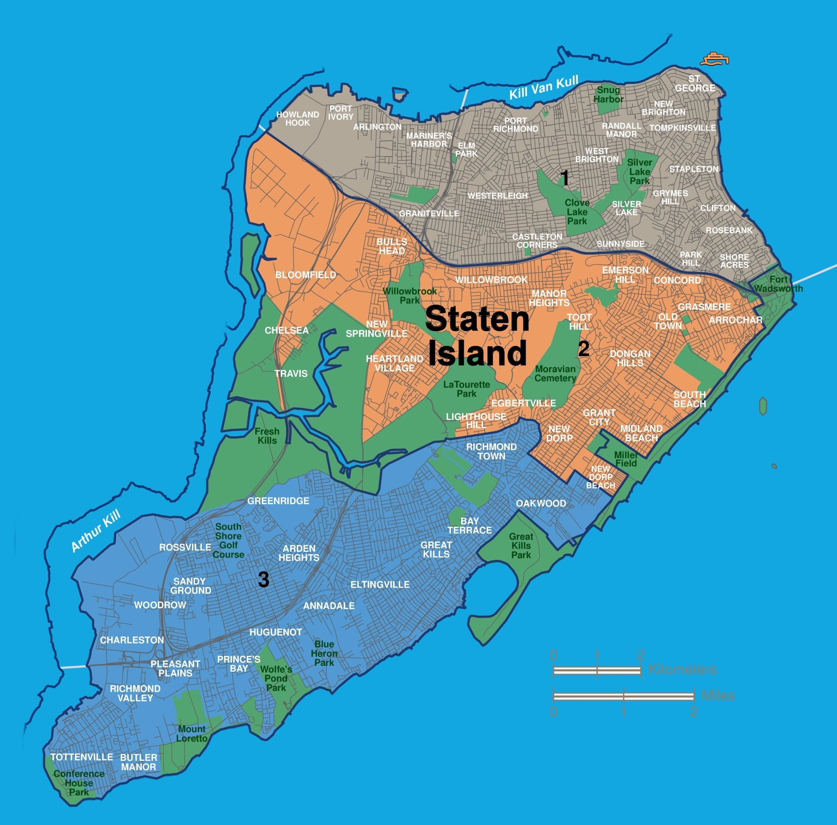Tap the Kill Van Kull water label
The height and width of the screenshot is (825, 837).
544,88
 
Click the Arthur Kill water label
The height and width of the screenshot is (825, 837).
96,531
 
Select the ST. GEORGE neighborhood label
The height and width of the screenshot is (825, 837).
695,84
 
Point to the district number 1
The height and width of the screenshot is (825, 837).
565,178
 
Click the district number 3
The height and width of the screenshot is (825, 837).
264,579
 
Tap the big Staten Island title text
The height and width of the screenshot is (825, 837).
477,336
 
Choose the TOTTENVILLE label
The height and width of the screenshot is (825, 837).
82,757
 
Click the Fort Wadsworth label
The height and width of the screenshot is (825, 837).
778,284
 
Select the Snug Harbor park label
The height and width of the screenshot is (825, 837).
608,95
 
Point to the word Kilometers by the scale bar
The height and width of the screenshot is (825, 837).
682,670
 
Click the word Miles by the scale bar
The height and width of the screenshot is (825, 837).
718,696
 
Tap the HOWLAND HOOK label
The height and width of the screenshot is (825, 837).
297,119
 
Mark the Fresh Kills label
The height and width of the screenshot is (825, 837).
267,436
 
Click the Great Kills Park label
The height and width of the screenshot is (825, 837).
521,546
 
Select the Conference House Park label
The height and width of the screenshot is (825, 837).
79,783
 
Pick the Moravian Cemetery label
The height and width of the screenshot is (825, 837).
555,374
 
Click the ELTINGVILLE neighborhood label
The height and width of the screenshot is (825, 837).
380,585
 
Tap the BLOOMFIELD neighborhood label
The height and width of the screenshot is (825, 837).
305,275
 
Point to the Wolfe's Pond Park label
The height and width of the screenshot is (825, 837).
276,678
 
